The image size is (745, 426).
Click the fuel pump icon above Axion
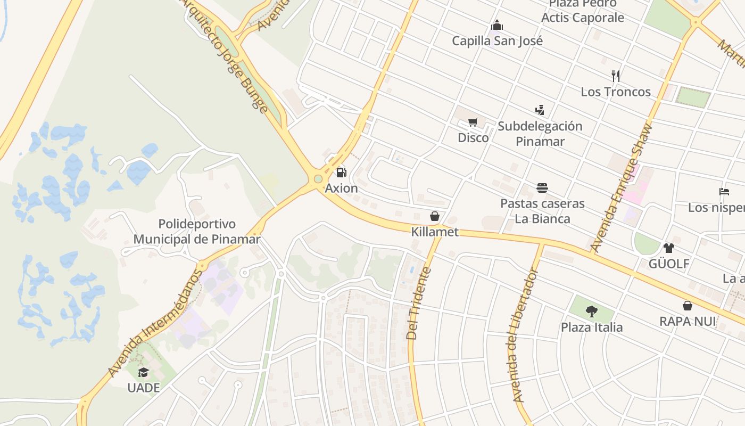[341, 173]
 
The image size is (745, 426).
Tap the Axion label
[342, 189]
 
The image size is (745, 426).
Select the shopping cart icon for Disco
[473, 122]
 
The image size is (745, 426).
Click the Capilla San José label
[497, 41]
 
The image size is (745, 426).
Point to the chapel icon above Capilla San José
[497, 25]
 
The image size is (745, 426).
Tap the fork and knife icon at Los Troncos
[616, 76]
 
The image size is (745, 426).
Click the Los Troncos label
[616, 92]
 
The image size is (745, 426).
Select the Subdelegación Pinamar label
[540, 134]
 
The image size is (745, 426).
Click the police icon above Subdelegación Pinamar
[540, 110]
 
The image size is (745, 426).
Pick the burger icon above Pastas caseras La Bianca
[542, 188]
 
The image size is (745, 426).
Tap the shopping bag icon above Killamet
[434, 216]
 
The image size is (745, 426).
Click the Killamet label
[434, 232]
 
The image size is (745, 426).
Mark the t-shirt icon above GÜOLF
[668, 248]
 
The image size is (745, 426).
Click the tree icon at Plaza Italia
[591, 312]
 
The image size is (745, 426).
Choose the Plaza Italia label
[591, 327]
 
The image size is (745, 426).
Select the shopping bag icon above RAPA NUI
[688, 306]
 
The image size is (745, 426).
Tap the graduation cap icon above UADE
[143, 372]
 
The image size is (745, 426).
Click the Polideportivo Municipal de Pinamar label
[197, 231]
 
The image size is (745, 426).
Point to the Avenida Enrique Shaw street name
[622, 187]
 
